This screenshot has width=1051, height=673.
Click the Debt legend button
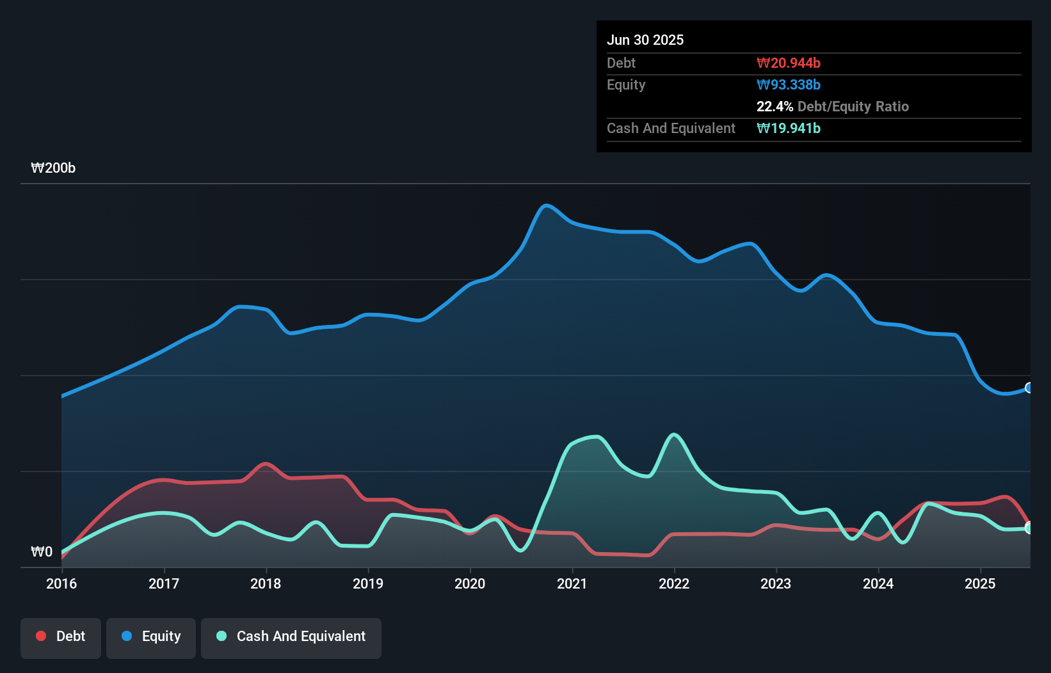click(61, 637)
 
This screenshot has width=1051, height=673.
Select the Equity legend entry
click(151, 637)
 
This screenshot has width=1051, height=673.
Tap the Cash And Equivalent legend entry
click(291, 637)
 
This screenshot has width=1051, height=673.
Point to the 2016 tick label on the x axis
click(61, 583)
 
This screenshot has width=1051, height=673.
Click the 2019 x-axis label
click(368, 583)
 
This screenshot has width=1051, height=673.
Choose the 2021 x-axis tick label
click(572, 583)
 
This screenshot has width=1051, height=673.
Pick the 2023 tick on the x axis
click(776, 583)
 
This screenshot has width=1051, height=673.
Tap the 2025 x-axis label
click(980, 583)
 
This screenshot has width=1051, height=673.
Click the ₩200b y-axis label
click(53, 168)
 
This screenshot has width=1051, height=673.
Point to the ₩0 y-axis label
click(42, 551)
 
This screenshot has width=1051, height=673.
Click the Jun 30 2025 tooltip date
click(645, 40)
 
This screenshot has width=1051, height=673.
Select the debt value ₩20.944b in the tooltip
click(789, 63)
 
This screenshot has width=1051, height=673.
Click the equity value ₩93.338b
click(789, 84)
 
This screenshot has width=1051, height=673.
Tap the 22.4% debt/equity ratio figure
click(774, 106)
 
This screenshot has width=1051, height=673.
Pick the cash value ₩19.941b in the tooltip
click(789, 128)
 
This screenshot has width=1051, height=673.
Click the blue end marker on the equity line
click(1029, 388)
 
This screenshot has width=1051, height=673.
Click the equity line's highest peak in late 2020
click(546, 205)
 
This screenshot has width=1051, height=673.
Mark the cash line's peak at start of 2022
click(674, 435)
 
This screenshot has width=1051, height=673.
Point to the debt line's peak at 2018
click(266, 464)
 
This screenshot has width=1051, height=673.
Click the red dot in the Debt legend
click(41, 636)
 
